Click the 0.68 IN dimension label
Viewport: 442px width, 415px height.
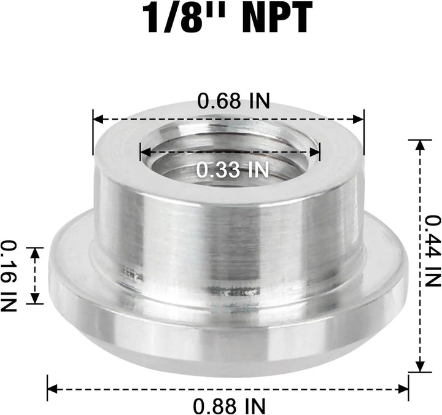tap(233, 101)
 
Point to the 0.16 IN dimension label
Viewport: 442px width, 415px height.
tap(9, 275)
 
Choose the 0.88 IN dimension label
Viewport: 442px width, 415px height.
tap(229, 406)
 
